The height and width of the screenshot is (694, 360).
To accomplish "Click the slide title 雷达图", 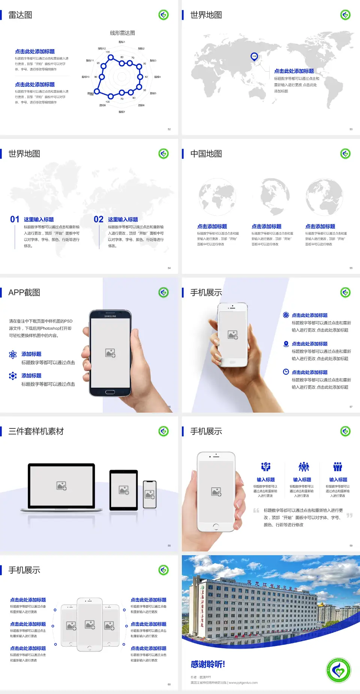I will pyautogui.click(x=20, y=15).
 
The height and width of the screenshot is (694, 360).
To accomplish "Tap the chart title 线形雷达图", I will pyautogui.click(x=122, y=33).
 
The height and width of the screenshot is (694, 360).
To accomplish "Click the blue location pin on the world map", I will pyautogui.click(x=254, y=57).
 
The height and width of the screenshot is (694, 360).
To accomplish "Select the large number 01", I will pyautogui.click(x=15, y=219).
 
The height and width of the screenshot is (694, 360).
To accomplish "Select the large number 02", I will pyautogui.click(x=99, y=219).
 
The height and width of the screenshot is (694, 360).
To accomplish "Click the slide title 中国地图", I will pyautogui.click(x=206, y=154).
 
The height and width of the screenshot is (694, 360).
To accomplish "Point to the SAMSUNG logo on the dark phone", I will pyautogui.click(x=110, y=316).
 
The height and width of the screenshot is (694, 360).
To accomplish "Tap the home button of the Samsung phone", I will pyautogui.click(x=110, y=392).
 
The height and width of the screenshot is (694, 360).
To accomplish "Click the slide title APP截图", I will pyautogui.click(x=24, y=293).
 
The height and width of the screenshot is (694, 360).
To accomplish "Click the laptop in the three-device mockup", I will pyautogui.click(x=61, y=487).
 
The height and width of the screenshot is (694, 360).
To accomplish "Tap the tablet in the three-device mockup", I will pyautogui.click(x=123, y=490).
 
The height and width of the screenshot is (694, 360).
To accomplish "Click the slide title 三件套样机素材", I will pyautogui.click(x=36, y=431).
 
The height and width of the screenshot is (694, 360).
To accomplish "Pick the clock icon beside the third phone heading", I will pyautogui.click(x=286, y=372).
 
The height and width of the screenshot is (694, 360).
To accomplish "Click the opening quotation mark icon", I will pyautogui.click(x=256, y=510).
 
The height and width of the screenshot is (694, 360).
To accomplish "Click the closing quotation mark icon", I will pyautogui.click(x=349, y=515).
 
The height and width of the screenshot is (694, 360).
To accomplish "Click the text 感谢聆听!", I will pyautogui.click(x=208, y=664).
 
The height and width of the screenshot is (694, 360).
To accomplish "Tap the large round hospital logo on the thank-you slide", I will pyautogui.click(x=339, y=670).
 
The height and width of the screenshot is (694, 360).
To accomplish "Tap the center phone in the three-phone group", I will pyautogui.click(x=90, y=625).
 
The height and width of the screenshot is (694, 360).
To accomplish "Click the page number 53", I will pyautogui.click(x=351, y=129).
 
